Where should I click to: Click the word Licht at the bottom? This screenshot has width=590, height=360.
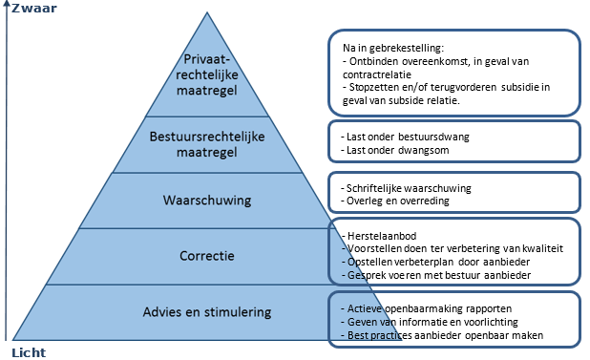[x=28, y=351]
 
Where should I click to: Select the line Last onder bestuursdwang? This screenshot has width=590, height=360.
[x=405, y=137]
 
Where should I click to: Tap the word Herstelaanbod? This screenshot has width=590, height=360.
[x=370, y=234]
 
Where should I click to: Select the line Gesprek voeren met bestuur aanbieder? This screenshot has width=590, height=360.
[x=430, y=274]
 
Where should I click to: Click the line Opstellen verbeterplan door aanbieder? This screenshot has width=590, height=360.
[x=431, y=261]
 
